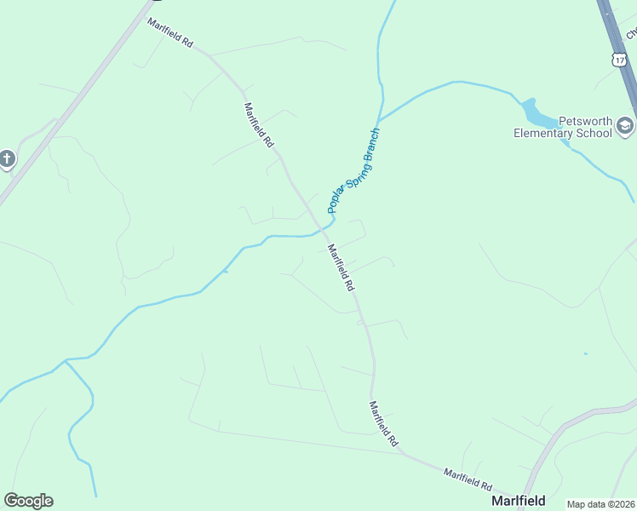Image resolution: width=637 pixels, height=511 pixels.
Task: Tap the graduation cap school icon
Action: pos(626,126)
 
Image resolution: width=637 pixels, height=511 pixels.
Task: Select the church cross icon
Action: pos(7,158)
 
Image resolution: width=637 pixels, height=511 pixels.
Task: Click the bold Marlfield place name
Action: pos(519,501)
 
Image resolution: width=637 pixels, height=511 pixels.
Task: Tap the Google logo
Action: pos(28,501)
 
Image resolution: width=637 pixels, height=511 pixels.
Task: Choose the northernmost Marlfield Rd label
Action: pos(170,32)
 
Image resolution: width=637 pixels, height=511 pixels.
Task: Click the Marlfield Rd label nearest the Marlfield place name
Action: pos(468,478)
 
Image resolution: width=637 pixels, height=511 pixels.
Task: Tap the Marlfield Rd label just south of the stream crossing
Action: pos(341,267)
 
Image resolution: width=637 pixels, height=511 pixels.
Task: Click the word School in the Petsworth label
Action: pos(595,133)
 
